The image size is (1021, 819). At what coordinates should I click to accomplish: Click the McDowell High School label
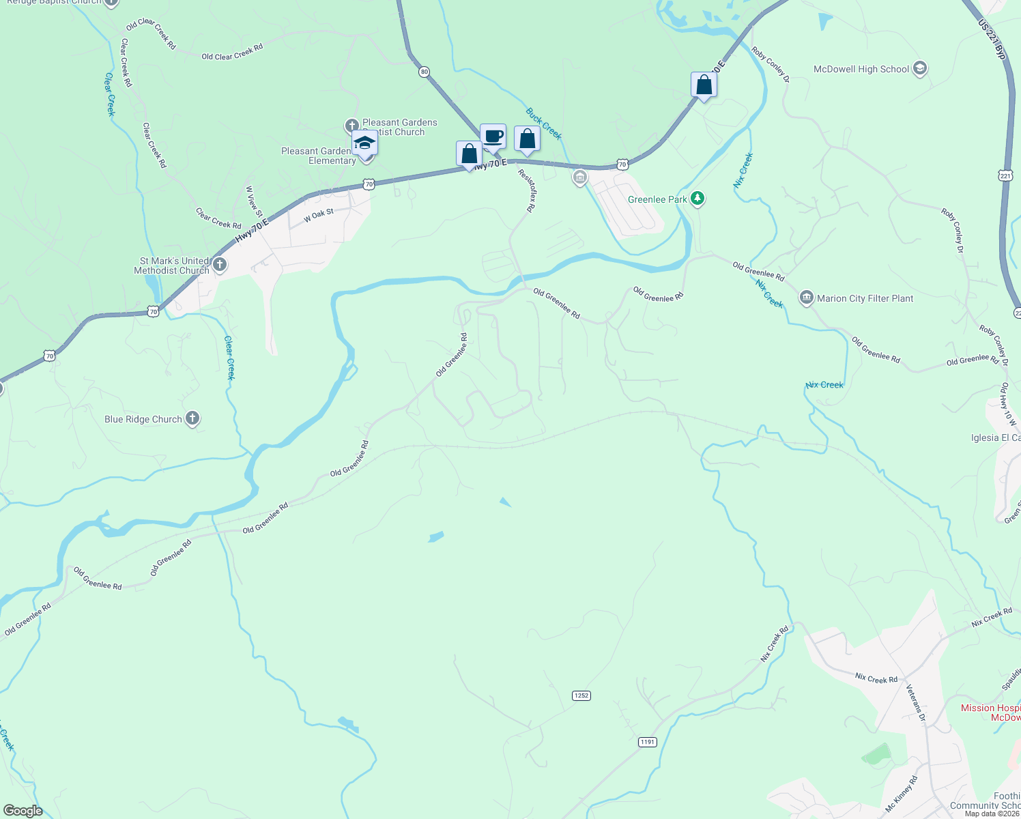861,69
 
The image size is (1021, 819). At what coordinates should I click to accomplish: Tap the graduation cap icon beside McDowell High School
919,68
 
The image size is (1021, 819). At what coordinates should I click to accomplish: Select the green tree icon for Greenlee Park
697,199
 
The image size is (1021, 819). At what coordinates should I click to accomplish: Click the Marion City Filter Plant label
865,298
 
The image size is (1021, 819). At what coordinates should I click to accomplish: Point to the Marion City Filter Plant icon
806,298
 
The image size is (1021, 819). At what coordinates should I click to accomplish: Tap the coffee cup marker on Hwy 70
493,136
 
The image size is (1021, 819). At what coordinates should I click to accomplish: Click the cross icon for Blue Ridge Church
192,418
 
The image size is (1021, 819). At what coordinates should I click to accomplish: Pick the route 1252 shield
581,695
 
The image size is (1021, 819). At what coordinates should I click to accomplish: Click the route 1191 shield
647,742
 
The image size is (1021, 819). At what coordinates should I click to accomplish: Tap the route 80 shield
425,72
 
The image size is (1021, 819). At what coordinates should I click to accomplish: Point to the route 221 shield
1005,175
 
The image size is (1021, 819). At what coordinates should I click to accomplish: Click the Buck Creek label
543,124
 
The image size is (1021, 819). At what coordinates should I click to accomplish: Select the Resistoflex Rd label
526,190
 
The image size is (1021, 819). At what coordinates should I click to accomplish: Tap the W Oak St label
319,215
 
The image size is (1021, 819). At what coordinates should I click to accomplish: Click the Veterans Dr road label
915,702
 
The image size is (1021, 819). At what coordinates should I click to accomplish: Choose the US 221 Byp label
992,39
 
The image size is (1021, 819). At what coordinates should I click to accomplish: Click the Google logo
23,811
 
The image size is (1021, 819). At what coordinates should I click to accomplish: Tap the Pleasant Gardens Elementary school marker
364,145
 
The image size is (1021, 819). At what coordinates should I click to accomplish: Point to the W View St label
252,199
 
